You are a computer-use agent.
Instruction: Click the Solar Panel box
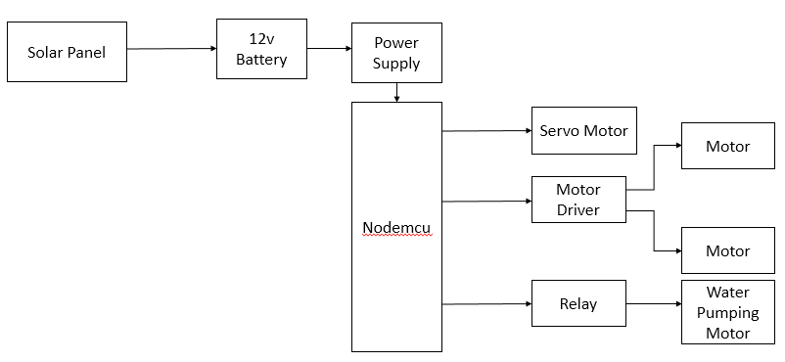(67, 52)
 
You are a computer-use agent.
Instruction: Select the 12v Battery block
(261, 50)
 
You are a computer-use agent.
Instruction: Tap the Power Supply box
(396, 53)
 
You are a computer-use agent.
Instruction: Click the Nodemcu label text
(396, 228)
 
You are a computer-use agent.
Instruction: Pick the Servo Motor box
(583, 130)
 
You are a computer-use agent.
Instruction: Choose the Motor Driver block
(577, 200)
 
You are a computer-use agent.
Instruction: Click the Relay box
(577, 304)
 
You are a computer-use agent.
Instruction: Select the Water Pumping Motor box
(727, 312)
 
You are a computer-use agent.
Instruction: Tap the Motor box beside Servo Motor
(727, 146)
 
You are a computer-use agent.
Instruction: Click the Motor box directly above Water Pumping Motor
(727, 250)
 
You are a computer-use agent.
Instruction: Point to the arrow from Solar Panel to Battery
(171, 49)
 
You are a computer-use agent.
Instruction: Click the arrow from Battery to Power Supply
(329, 49)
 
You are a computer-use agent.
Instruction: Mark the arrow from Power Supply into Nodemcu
(396, 93)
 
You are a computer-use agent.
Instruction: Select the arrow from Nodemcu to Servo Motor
(486, 130)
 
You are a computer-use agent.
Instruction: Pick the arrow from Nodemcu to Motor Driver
(486, 202)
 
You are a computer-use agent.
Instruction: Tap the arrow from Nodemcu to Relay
(486, 304)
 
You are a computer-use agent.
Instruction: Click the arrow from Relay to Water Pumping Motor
(653, 304)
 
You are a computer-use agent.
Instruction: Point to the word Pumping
(727, 312)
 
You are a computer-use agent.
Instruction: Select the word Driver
(577, 209)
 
